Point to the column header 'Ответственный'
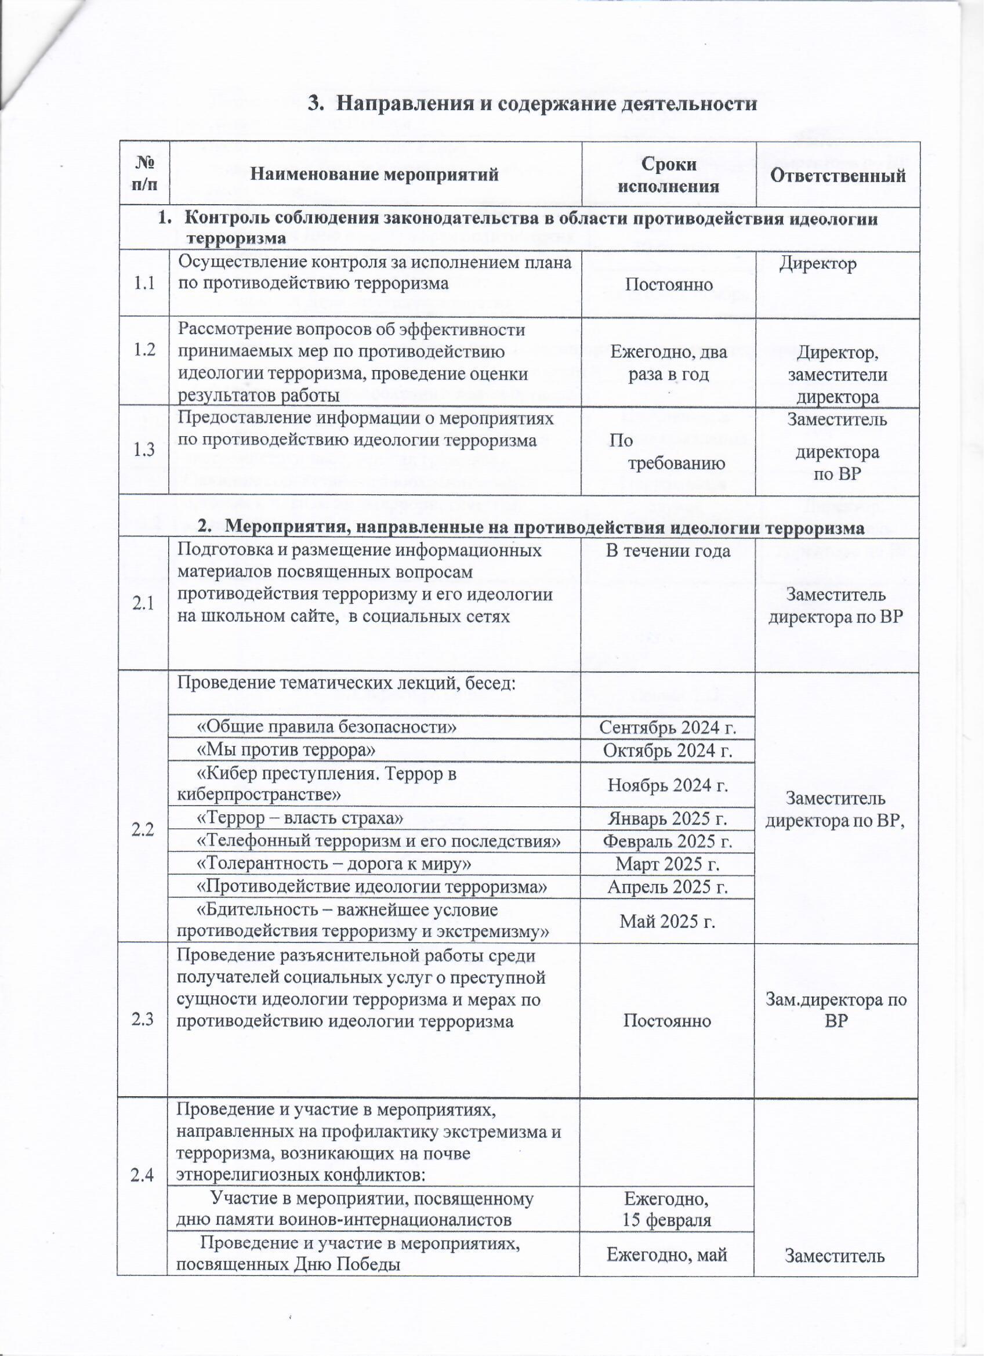coord(837,175)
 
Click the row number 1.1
coord(144,284)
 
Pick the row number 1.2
coord(144,350)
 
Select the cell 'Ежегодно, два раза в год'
coord(668,363)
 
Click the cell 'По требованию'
coord(668,452)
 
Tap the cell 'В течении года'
coord(668,550)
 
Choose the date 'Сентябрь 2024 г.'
coord(668,728)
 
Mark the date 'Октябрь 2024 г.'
coord(668,750)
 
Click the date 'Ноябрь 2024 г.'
coord(668,784)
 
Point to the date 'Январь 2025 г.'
coord(668,818)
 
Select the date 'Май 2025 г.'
coord(668,922)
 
